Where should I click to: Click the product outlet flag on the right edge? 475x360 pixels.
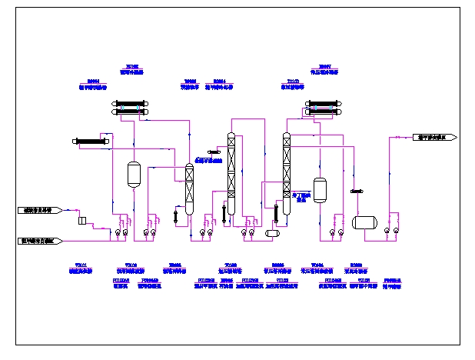tap(437, 137)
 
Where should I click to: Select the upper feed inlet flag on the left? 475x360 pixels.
tap(39, 209)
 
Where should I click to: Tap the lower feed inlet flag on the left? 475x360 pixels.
tap(39, 241)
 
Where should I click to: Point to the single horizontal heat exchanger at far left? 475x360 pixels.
tap(91, 141)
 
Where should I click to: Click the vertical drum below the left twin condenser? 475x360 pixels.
tap(134, 174)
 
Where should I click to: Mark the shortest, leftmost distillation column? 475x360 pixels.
tap(189, 188)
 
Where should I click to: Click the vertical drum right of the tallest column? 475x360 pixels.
tap(320, 190)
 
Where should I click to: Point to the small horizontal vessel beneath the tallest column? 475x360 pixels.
tap(272, 233)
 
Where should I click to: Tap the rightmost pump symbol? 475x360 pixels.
tap(396, 230)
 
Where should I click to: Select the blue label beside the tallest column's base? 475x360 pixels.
tap(303, 198)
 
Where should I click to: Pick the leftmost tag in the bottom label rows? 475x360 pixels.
tap(81, 268)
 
